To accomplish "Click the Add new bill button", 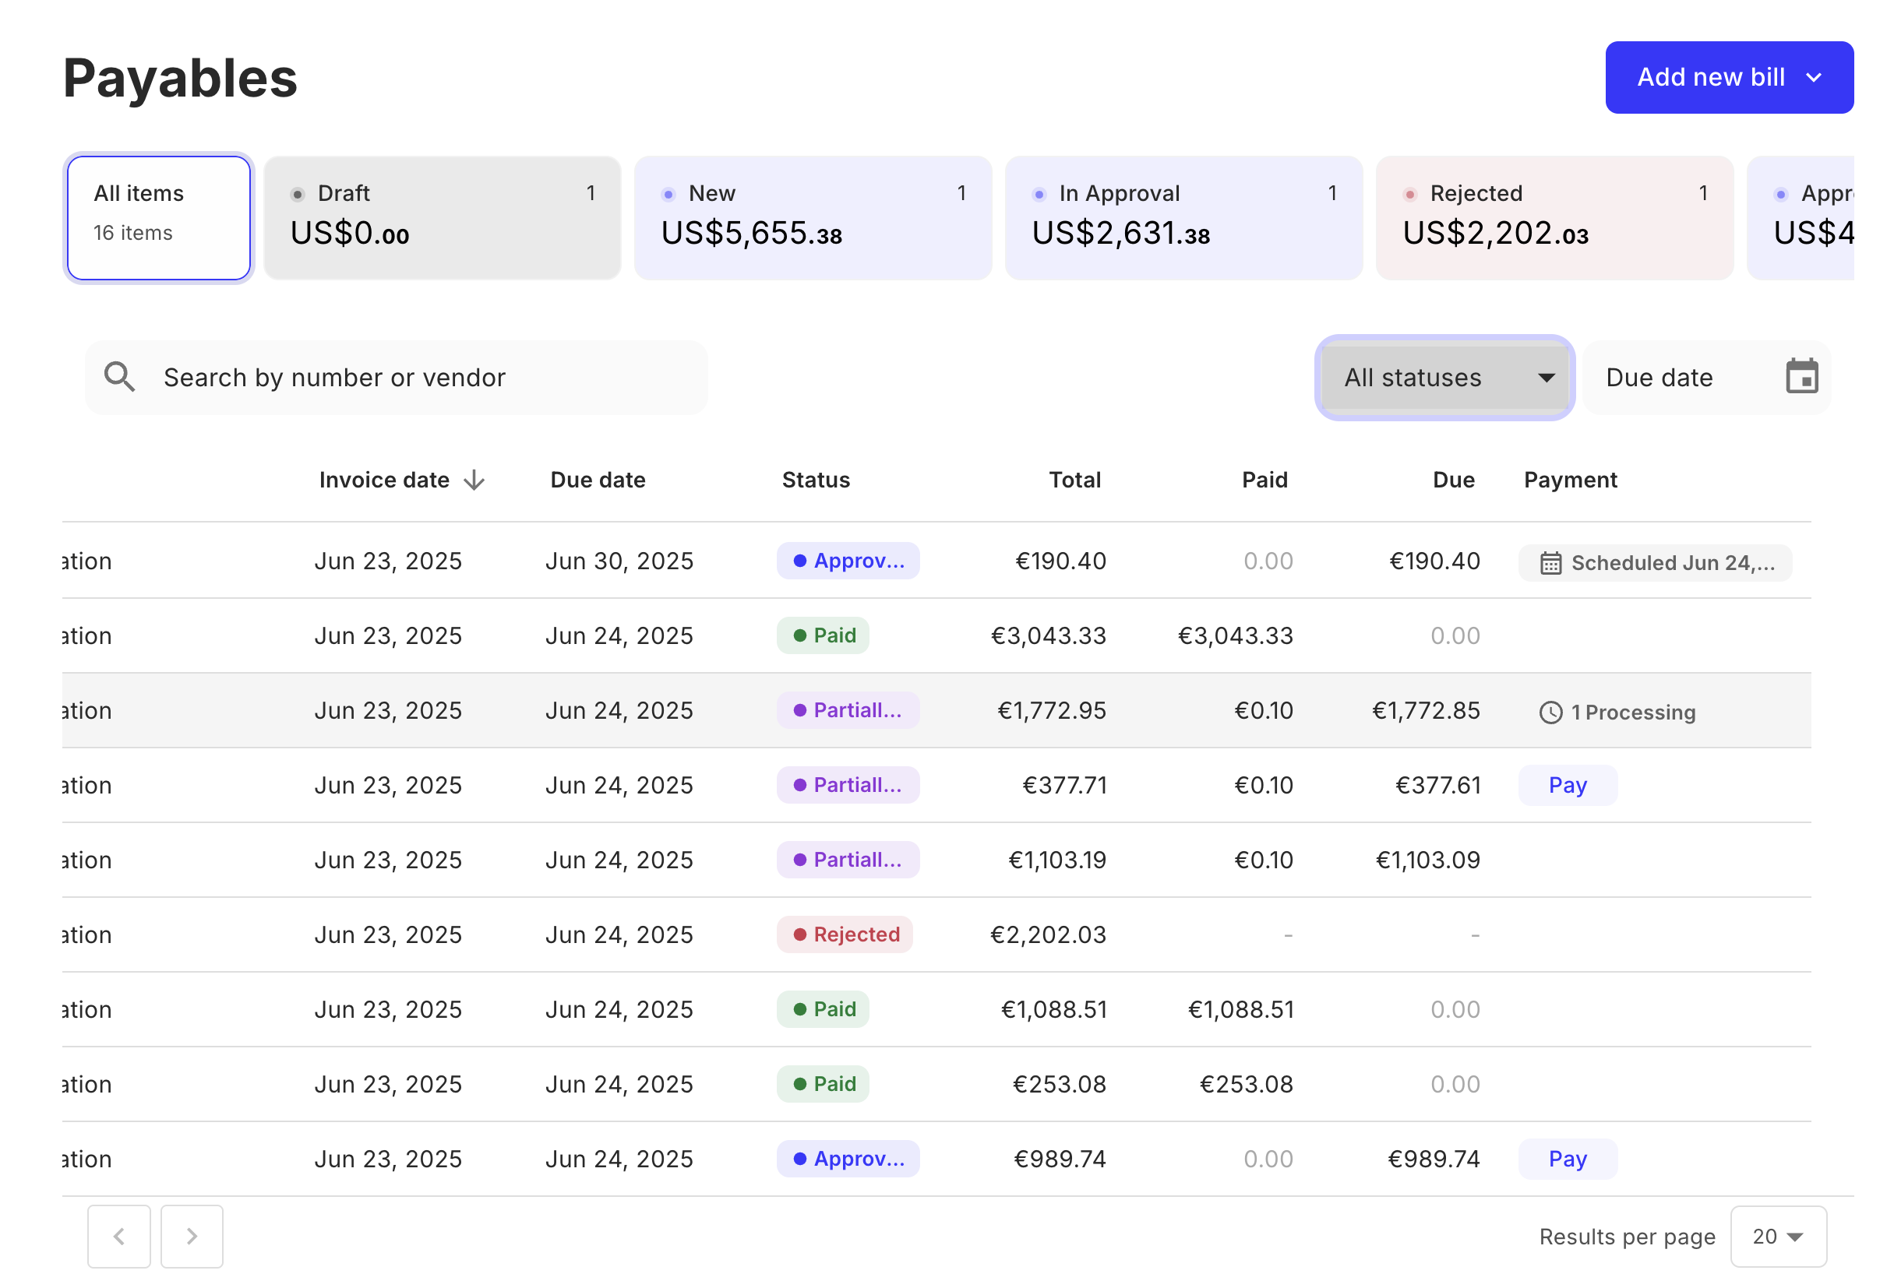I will pyautogui.click(x=1728, y=77).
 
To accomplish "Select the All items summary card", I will pyautogui.click(x=158, y=217).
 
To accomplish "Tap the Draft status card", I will pyautogui.click(x=442, y=217).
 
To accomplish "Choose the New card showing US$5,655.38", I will pyautogui.click(x=812, y=217).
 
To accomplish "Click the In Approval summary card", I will pyautogui.click(x=1183, y=217).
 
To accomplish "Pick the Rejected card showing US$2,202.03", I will pyautogui.click(x=1554, y=217).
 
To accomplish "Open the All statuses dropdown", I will pyautogui.click(x=1444, y=378).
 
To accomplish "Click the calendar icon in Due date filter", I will pyautogui.click(x=1801, y=377).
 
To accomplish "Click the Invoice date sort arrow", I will pyautogui.click(x=474, y=480).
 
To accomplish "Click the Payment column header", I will pyautogui.click(x=1570, y=480).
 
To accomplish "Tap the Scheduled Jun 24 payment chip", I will pyautogui.click(x=1655, y=562).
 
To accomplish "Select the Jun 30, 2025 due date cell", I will pyautogui.click(x=619, y=561).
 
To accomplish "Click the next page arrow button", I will pyautogui.click(x=192, y=1236).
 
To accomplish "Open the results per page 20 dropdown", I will pyautogui.click(x=1777, y=1236).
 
